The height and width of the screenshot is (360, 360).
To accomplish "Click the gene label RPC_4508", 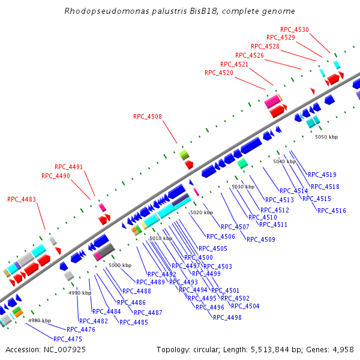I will click(x=148, y=117).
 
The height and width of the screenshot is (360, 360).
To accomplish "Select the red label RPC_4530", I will click(x=295, y=29).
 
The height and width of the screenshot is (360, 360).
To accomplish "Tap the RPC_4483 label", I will click(x=22, y=199).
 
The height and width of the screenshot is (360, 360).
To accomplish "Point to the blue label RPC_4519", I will click(x=322, y=175).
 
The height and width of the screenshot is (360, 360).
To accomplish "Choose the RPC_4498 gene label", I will click(x=227, y=317).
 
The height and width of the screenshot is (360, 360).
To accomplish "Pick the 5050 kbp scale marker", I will click(x=326, y=137).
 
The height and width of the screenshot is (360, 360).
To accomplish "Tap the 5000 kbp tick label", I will click(x=120, y=265).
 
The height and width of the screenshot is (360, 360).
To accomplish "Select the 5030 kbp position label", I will click(x=243, y=187).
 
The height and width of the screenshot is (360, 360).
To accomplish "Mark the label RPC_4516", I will click(x=332, y=211).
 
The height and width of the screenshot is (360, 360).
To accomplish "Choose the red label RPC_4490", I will click(x=56, y=176).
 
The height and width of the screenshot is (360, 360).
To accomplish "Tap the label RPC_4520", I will click(x=219, y=73).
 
